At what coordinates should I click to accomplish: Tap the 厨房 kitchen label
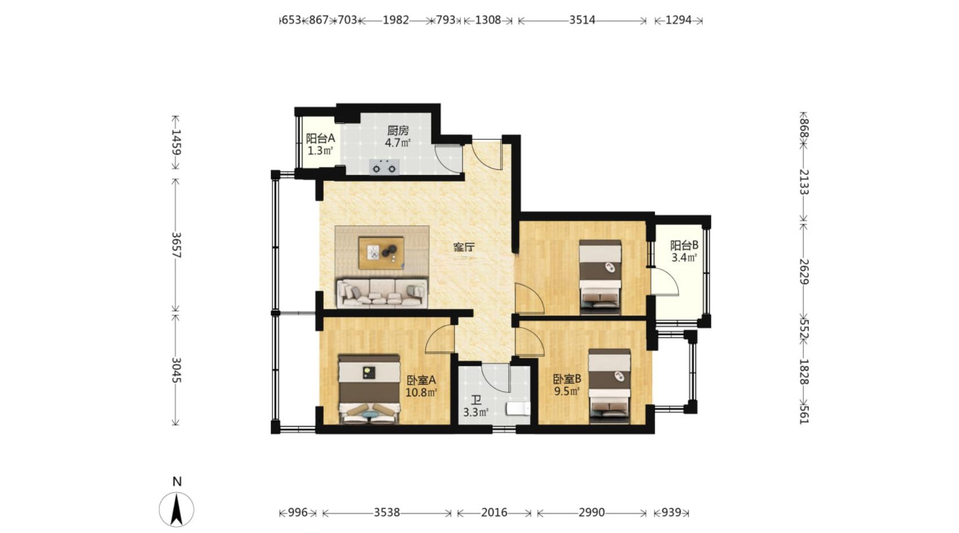click(398, 130)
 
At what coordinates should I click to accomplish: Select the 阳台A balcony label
click(320, 138)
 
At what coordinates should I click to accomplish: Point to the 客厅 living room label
click(464, 247)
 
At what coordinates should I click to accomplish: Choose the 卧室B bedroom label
click(567, 379)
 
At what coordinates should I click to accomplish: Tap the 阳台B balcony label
click(684, 245)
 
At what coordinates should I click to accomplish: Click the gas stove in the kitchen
click(384, 167)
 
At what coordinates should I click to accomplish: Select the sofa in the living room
click(382, 293)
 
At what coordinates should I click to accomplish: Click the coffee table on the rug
click(381, 253)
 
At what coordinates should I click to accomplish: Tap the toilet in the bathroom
click(519, 409)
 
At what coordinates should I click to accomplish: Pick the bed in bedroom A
click(369, 389)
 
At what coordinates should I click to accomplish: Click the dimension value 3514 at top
click(582, 20)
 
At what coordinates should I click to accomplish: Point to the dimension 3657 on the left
click(176, 245)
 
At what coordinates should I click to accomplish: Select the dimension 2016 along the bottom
click(494, 512)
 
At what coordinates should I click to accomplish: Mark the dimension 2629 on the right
click(804, 272)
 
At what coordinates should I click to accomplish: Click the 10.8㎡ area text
click(421, 392)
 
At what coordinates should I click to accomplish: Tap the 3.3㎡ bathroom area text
click(476, 413)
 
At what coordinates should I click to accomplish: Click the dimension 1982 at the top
click(395, 20)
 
